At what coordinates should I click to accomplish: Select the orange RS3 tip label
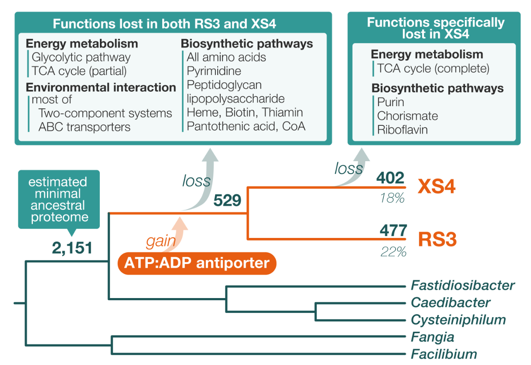coord(437,240)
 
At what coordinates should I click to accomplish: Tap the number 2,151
coord(72,248)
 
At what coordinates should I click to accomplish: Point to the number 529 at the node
coord(227,200)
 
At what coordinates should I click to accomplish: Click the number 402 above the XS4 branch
coord(390,178)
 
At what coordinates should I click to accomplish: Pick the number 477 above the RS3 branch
coord(393,230)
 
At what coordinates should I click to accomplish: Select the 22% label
coord(393,252)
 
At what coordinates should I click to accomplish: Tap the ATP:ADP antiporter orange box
coord(197,263)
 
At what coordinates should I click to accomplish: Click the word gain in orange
coord(161,242)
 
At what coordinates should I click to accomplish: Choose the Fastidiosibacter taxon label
coord(463,285)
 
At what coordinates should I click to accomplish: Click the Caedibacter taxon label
coord(450,303)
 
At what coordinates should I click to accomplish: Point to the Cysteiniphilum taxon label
coord(458,320)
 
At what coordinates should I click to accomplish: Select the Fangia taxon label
coord(432,337)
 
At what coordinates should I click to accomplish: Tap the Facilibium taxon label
coord(443,354)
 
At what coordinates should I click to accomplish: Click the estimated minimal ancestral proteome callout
coord(59,200)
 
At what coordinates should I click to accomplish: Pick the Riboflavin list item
coord(402,130)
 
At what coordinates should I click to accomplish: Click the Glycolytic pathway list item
coord(81,57)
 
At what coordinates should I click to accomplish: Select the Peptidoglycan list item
coord(224,85)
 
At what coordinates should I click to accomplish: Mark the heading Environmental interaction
coord(101,87)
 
